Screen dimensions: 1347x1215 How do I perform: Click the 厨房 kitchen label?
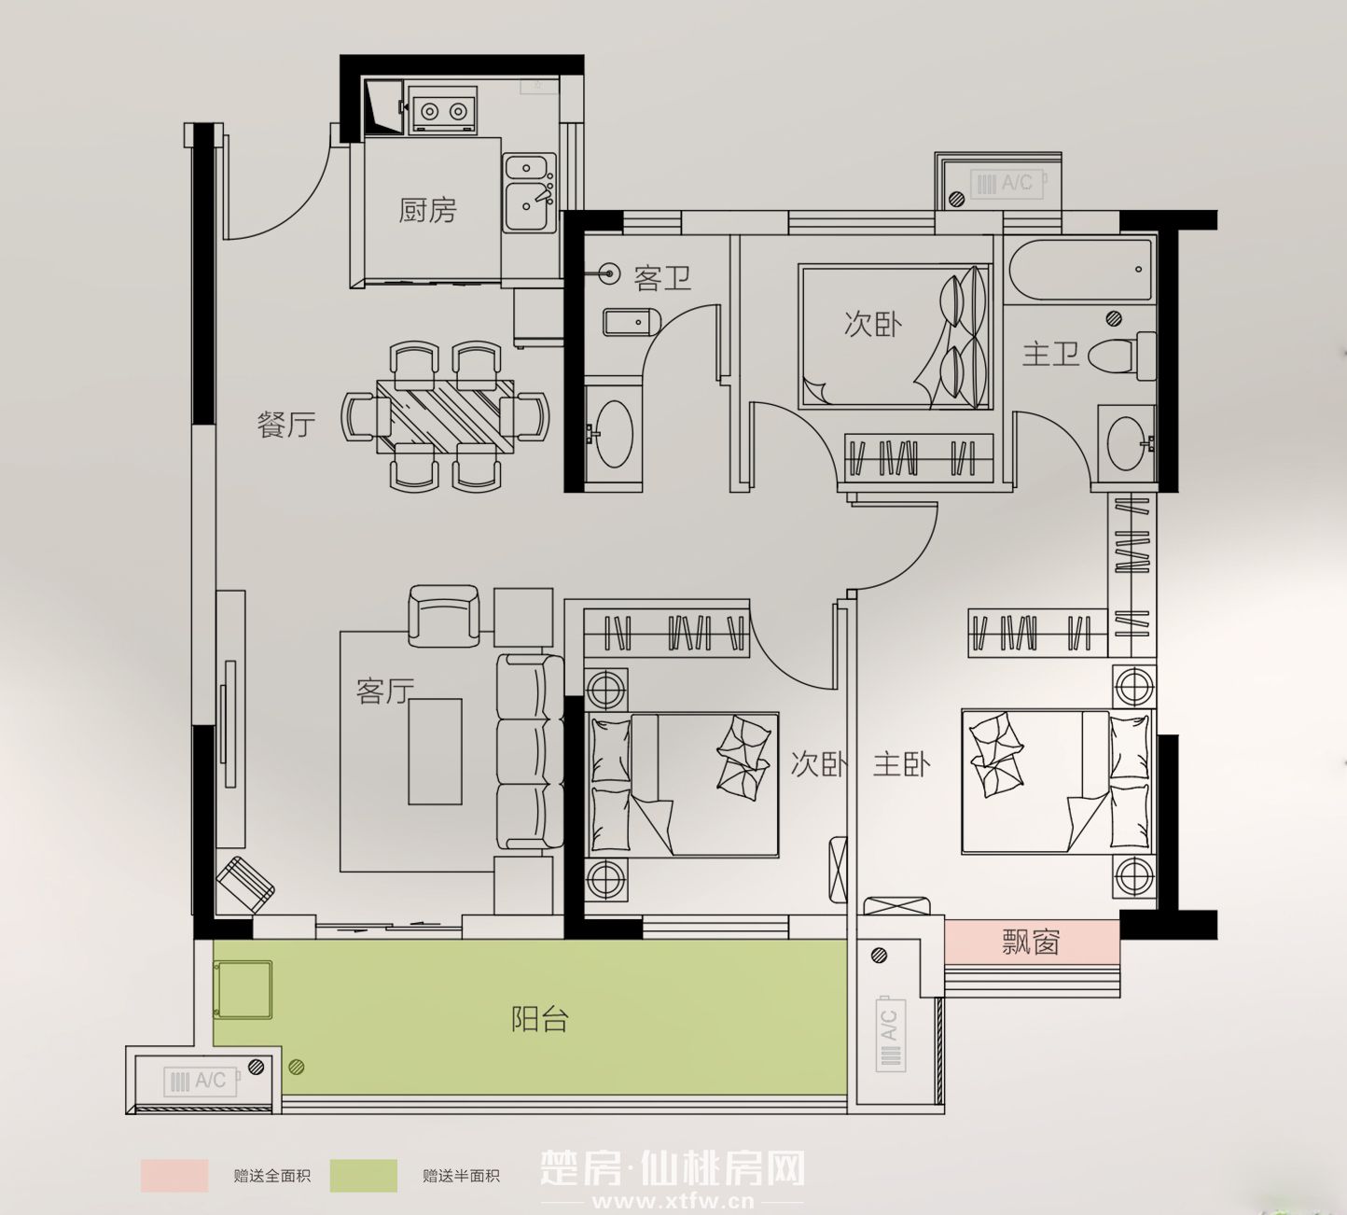click(428, 210)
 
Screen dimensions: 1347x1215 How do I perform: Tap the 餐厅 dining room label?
click(286, 425)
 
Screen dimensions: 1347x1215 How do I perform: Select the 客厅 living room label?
click(385, 691)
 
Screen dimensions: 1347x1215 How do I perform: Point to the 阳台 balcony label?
click(540, 1019)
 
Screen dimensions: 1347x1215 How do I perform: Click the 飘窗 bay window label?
click(1031, 942)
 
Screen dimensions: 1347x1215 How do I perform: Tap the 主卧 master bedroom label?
click(902, 764)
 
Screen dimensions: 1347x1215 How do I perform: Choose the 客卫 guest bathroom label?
click(662, 277)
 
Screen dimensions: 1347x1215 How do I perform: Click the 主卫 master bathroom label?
click(1050, 355)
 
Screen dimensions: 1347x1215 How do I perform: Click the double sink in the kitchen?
click(530, 193)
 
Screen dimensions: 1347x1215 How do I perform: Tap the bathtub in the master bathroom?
click(1080, 270)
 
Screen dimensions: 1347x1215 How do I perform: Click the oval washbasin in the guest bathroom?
click(614, 433)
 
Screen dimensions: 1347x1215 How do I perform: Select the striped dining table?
click(445, 416)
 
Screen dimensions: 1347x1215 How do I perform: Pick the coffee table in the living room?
click(435, 751)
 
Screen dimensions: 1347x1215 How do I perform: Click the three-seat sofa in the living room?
click(530, 752)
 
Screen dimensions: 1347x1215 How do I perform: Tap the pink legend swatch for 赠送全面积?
click(174, 1176)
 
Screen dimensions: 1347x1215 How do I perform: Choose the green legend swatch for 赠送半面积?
click(363, 1176)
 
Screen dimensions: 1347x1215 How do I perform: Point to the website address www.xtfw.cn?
click(673, 1201)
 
